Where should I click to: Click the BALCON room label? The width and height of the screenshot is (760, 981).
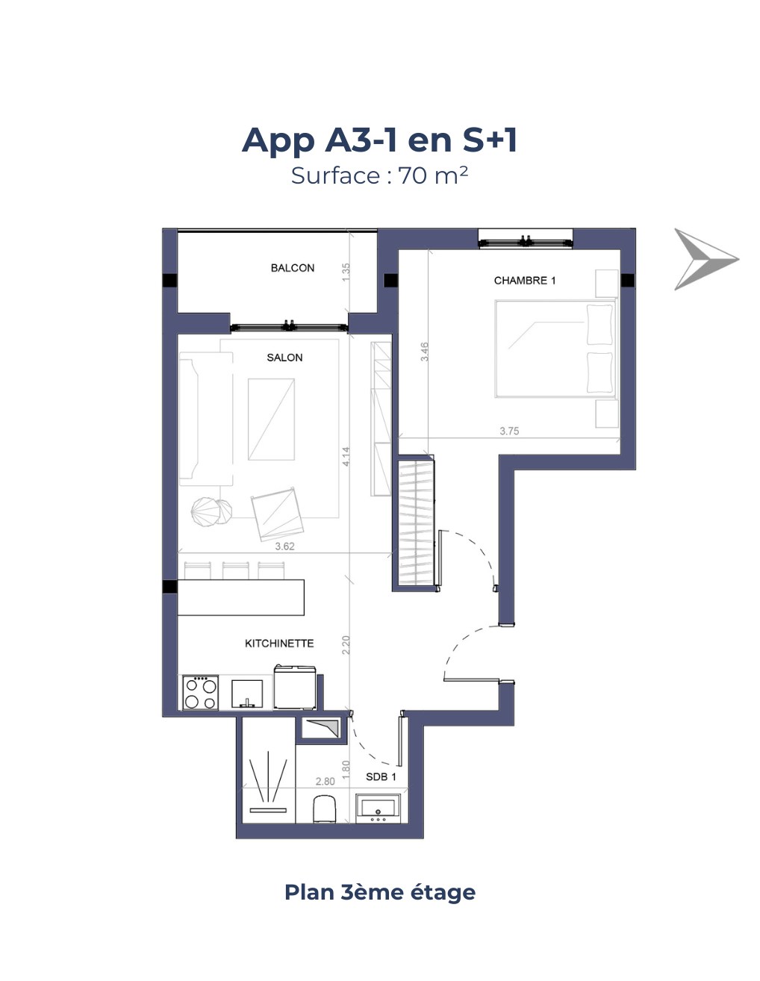tap(293, 268)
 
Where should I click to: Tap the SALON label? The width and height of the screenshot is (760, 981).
tap(284, 358)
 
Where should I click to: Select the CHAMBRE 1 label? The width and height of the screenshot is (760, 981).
tap(524, 281)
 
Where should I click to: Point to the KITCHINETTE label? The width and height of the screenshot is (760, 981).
tap(279, 644)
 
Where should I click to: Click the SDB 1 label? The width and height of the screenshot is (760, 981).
tap(381, 776)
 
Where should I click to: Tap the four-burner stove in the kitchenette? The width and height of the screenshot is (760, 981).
tap(200, 692)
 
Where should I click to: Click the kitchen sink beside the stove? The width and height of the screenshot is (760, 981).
tap(247, 694)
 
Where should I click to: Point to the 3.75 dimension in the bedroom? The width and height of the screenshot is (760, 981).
tap(509, 431)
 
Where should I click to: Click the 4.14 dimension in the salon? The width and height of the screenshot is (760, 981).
tap(346, 456)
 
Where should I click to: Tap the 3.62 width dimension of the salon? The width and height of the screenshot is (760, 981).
tap(284, 546)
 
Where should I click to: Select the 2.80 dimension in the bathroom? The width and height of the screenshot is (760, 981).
tap(325, 782)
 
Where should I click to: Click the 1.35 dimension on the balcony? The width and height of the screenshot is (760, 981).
tap(346, 272)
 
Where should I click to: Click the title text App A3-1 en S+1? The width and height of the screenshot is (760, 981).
tap(379, 140)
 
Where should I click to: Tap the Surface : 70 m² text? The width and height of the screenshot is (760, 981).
tap(379, 175)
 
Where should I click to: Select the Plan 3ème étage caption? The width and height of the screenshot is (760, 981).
tap(379, 891)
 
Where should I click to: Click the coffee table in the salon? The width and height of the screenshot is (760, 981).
tap(271, 420)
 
